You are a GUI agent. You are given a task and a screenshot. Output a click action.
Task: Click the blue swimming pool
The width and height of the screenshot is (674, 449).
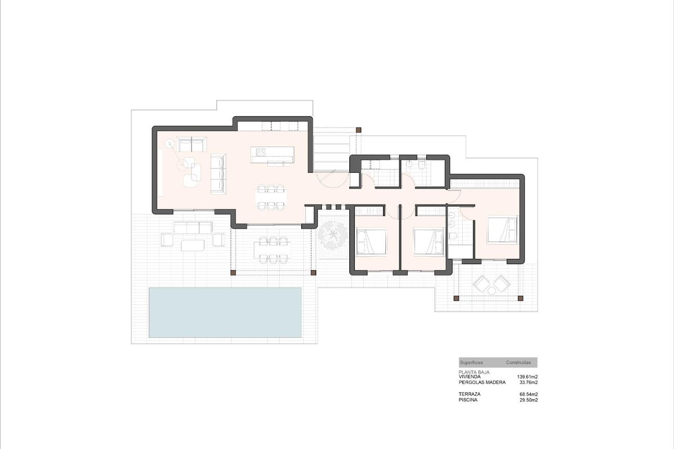point(225,313)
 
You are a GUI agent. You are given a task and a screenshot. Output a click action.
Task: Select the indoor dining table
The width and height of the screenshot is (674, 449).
point(271,196)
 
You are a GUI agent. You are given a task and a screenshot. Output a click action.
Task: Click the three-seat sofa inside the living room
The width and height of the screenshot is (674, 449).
point(217,175)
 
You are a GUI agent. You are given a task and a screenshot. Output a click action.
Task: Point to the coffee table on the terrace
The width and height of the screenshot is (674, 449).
point(192,245)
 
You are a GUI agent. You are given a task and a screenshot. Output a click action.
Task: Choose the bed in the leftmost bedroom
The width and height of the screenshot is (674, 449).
point(371,241)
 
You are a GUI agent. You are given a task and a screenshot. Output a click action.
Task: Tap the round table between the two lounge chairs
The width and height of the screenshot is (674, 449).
point(491,290)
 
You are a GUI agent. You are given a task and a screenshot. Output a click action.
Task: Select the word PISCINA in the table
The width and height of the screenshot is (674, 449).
point(469,400)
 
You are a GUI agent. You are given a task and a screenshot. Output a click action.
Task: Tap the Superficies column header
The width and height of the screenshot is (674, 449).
point(471,363)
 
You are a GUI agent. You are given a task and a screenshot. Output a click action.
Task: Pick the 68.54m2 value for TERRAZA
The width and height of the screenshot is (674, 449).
point(529,395)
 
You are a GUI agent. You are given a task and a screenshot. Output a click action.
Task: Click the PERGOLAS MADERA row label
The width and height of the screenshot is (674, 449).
point(482,383)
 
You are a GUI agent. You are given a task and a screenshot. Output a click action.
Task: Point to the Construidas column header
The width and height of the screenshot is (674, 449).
point(518,363)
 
